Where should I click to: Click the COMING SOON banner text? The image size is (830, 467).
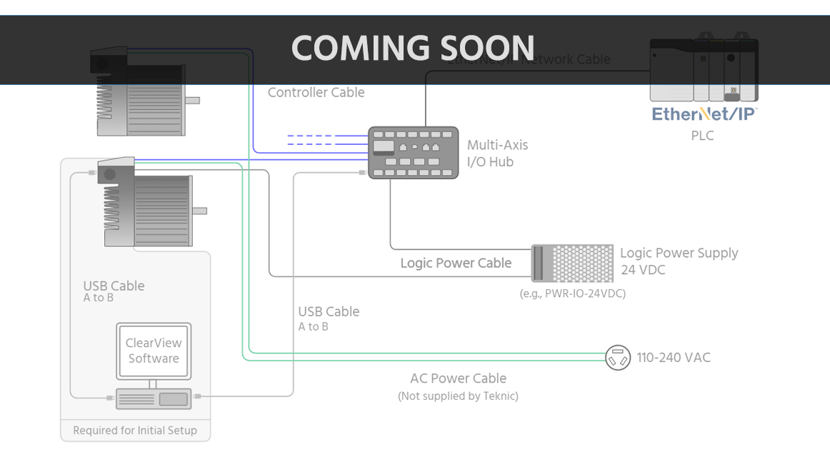[413, 48]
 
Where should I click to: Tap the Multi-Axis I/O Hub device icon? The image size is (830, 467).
[413, 152]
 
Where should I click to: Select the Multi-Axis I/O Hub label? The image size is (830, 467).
[497, 154]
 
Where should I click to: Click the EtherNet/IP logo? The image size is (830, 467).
[704, 114]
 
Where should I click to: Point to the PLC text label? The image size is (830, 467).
[702, 136]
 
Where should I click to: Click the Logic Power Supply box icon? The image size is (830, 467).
[572, 263]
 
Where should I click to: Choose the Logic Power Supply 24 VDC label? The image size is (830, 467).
[679, 261]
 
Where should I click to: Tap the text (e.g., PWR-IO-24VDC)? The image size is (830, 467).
[572, 293]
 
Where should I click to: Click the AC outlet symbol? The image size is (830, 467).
[618, 357]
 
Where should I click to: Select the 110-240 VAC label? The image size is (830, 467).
[673, 358]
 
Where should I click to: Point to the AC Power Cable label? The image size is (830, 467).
[458, 378]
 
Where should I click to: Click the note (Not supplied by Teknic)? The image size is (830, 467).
[458, 396]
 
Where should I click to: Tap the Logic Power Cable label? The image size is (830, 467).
[456, 263]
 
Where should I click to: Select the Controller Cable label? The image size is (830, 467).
[316, 92]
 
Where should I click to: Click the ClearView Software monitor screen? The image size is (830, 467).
[154, 351]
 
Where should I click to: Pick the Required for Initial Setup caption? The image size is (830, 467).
[135, 431]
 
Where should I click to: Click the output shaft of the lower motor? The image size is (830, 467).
[199, 211]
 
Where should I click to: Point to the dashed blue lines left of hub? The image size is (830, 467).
[310, 140]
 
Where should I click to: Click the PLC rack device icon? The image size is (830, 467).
[703, 70]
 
